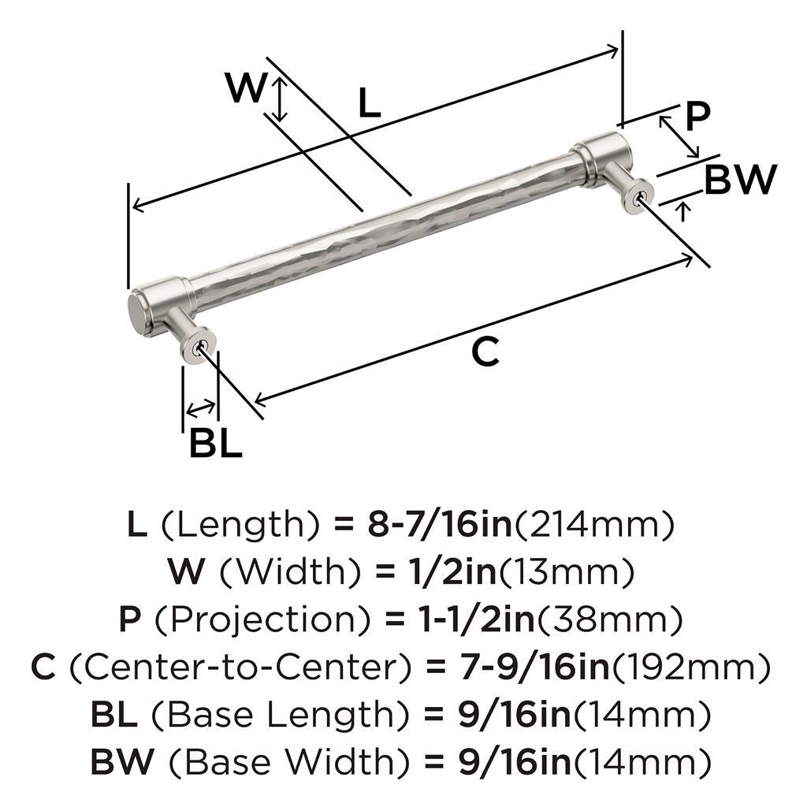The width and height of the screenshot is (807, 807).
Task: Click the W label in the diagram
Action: (x=246, y=87)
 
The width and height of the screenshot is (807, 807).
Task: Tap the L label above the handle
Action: (x=370, y=102)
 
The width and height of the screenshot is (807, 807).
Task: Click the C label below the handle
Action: (x=485, y=351)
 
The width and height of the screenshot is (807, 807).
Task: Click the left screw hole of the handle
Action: (x=196, y=348)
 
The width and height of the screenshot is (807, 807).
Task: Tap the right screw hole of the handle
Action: (x=640, y=197)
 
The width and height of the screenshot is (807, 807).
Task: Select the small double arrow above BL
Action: (x=201, y=408)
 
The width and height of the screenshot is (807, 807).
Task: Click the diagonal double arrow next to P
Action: (x=679, y=136)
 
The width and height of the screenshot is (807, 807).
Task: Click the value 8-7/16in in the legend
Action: (x=441, y=524)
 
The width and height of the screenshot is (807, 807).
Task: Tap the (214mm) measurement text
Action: (x=594, y=525)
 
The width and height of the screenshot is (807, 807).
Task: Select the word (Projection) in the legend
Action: (x=262, y=619)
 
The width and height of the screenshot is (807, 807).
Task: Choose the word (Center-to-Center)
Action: (x=241, y=667)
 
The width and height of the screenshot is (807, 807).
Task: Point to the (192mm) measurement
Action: (x=690, y=667)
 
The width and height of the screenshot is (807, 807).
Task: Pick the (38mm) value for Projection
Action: (x=610, y=619)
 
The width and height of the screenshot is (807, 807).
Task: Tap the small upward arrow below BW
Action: (x=683, y=211)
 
